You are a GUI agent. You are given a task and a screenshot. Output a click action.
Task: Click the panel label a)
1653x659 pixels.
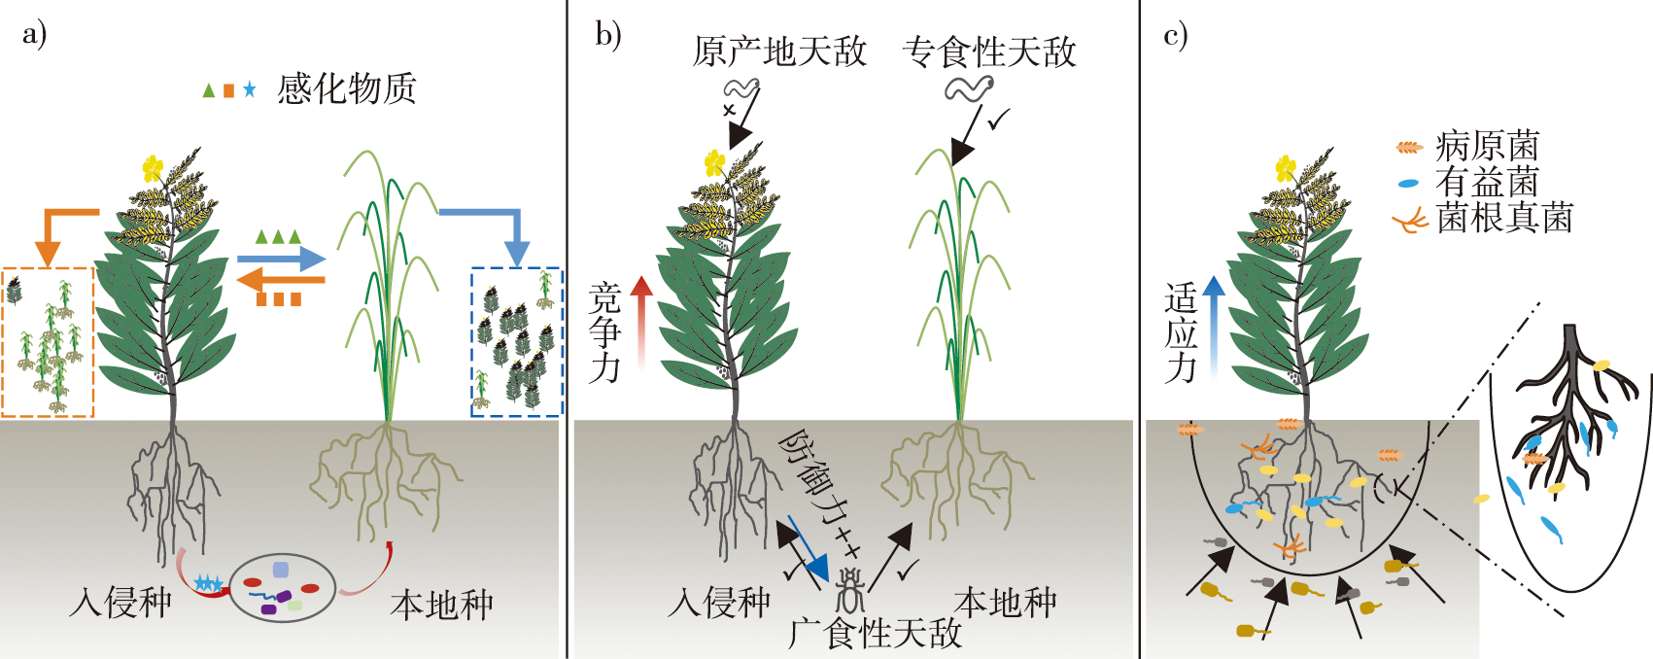pyautogui.click(x=34, y=35)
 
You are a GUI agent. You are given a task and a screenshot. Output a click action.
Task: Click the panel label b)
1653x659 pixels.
pyautogui.click(x=607, y=35)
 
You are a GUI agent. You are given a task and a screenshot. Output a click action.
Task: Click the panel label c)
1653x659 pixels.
pyautogui.click(x=1175, y=35)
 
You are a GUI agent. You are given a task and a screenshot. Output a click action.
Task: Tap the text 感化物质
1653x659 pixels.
pyautogui.click(x=347, y=89)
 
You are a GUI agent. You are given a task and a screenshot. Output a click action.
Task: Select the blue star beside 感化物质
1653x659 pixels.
pyautogui.click(x=250, y=90)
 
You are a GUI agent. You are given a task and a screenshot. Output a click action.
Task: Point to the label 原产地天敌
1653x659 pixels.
pyautogui.click(x=779, y=52)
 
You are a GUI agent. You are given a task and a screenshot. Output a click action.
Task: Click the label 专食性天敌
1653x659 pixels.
pyautogui.click(x=989, y=52)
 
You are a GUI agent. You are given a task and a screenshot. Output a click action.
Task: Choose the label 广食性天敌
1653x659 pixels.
pyautogui.click(x=875, y=634)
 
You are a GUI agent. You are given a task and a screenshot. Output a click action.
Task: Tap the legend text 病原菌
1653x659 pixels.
pyautogui.click(x=1488, y=147)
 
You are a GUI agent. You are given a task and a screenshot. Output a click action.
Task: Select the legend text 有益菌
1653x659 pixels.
pyautogui.click(x=1488, y=183)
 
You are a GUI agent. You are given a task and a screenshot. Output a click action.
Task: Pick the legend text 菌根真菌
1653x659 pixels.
pyautogui.click(x=1504, y=219)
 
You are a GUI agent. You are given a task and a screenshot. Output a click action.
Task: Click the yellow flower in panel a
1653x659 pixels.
pyautogui.click(x=153, y=168)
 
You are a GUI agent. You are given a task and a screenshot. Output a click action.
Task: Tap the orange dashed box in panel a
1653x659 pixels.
pyautogui.click(x=48, y=341)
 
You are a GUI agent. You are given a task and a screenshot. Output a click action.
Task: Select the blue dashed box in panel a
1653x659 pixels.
pyautogui.click(x=516, y=341)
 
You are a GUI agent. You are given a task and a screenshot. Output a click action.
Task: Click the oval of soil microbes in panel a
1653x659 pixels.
pyautogui.click(x=282, y=588)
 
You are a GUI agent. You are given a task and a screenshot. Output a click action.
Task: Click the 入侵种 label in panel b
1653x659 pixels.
pyautogui.click(x=719, y=604)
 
